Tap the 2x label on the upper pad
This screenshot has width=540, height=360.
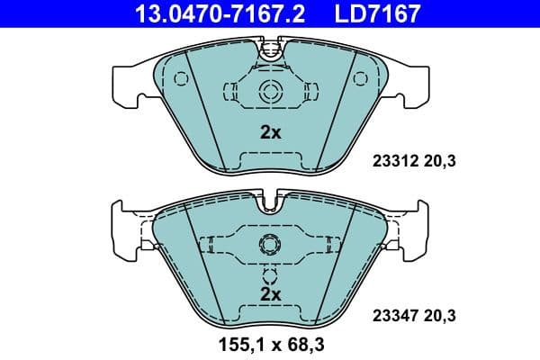coord(270,132)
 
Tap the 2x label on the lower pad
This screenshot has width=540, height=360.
coord(270,293)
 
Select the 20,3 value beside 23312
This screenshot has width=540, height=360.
coord(438,162)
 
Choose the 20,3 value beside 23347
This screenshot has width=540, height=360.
coord(438,316)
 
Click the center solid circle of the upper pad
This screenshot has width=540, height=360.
coord(270,91)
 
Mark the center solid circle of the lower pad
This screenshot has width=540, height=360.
coord(270,244)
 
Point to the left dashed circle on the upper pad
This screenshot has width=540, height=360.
coord(180,79)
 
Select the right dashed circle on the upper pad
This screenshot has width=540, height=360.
coord(361,79)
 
